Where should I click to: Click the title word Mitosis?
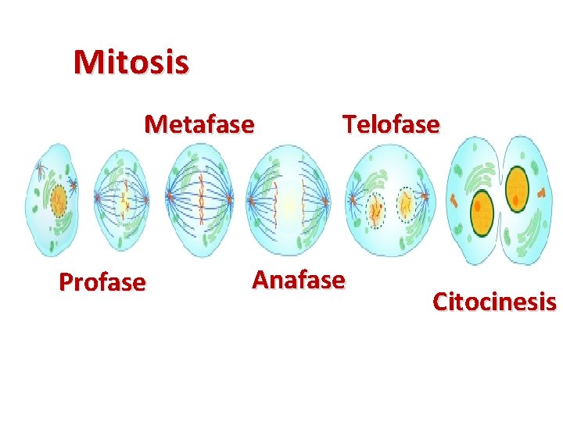pos(131,62)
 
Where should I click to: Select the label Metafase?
pos(199,124)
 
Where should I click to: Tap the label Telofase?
pos(391,124)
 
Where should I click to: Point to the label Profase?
pos(102,281)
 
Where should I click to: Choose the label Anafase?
pos(298,279)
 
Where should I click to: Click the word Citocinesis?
pos(494,301)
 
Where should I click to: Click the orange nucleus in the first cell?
pos(59,202)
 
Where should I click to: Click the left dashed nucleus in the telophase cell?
pos(376,209)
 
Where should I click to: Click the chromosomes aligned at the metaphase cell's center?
pos(200,200)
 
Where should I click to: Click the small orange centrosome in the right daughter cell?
pos(540,191)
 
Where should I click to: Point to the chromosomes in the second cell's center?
pos(124,201)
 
